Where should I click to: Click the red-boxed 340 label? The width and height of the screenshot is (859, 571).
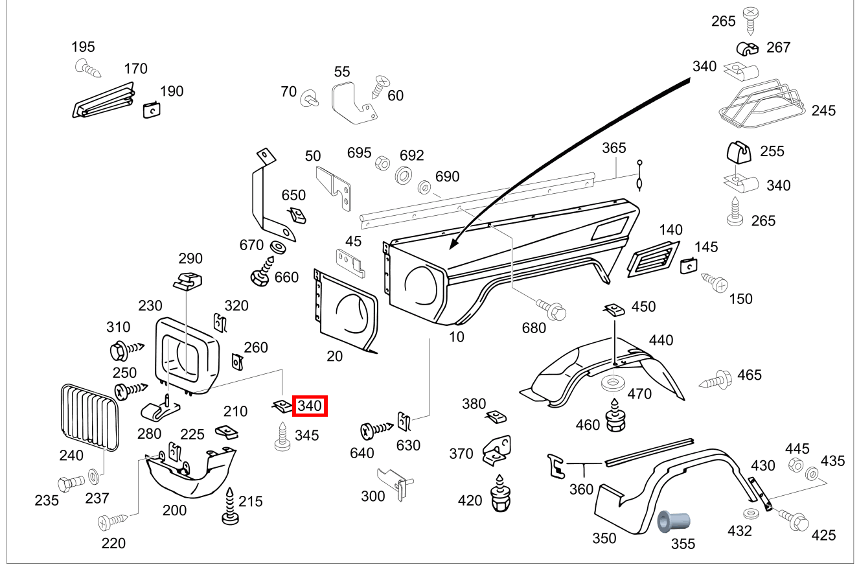pos(310,406)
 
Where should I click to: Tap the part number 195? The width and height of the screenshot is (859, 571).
pos(83,47)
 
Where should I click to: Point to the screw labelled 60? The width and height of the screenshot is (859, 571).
pos(378,84)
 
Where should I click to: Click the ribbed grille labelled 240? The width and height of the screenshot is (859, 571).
pos(89,417)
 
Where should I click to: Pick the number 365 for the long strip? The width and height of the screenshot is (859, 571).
pos(613,148)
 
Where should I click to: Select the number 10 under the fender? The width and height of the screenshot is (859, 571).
pos(456,337)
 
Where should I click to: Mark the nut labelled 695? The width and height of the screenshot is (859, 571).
pos(382,163)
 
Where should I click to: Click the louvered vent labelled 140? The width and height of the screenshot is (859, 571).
pos(652,259)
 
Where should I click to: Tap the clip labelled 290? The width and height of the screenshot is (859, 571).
pos(188,281)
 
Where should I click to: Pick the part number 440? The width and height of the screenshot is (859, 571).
pos(661,340)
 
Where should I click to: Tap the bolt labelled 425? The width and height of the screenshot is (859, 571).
pos(794,519)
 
